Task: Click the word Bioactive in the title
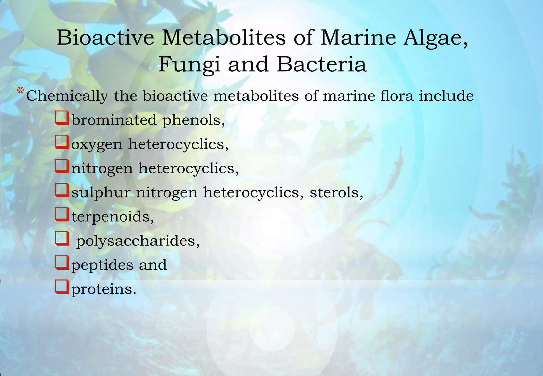tap(105, 38)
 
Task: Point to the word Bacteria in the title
tap(322, 64)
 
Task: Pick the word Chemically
tap(67, 96)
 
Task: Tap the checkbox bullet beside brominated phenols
tap(62, 118)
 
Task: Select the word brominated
tap(114, 120)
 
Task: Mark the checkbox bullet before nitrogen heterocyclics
tap(62, 166)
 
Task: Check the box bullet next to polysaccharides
tap(62, 238)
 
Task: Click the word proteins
tap(104, 289)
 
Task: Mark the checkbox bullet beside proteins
tap(62, 287)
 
